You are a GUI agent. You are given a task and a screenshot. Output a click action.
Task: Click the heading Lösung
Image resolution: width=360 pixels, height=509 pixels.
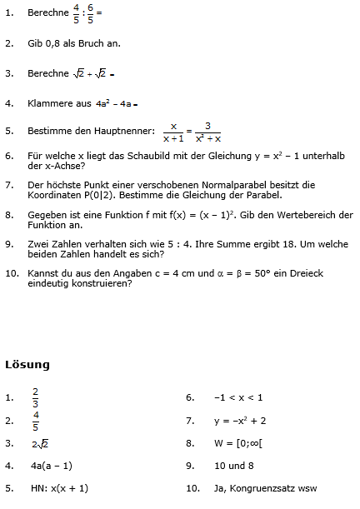tap(27, 364)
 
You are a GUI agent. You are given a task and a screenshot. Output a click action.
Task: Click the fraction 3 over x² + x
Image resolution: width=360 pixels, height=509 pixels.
tap(208, 132)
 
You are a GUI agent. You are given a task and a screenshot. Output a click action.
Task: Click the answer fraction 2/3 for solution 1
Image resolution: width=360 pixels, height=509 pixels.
tap(35, 397)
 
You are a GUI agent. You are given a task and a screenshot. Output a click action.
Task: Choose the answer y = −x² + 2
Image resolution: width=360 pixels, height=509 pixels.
tap(239, 420)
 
